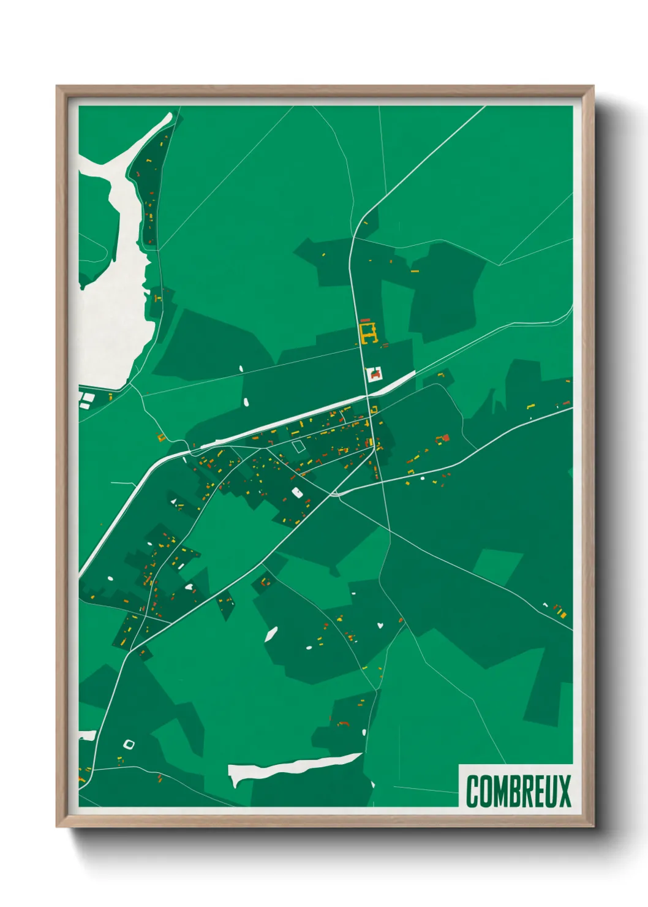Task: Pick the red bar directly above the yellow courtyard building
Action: point(366,321)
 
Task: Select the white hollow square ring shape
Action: point(129,744)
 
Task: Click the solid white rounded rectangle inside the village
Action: point(297,491)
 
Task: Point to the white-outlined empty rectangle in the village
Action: point(298,447)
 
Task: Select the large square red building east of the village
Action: point(446,438)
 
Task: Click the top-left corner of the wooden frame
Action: point(58,87)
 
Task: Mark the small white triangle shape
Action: point(173,501)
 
